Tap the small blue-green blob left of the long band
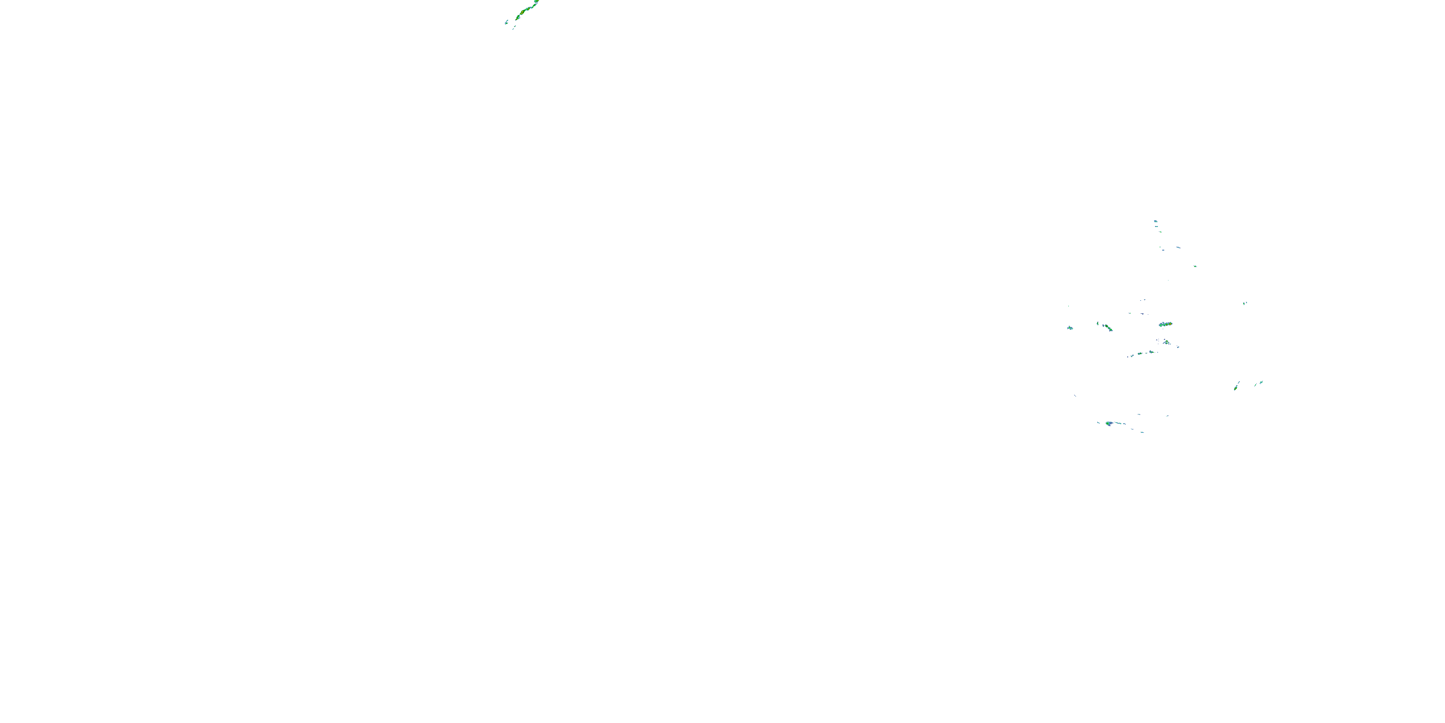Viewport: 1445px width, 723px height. [507, 22]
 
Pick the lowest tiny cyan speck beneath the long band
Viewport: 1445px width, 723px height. [513, 28]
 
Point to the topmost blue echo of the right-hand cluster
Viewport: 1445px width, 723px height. [1156, 221]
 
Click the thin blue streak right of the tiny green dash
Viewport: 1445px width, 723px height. [1178, 248]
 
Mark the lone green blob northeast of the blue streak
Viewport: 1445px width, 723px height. [1195, 266]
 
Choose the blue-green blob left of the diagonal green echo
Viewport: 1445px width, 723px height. [1070, 328]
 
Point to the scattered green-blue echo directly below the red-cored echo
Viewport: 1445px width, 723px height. [1167, 342]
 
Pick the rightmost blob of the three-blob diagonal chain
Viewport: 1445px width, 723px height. [1151, 352]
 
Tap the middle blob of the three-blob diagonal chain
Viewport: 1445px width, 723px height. [1141, 354]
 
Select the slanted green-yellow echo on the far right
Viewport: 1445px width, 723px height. [1236, 386]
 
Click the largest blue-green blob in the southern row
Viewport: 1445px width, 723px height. [1109, 423]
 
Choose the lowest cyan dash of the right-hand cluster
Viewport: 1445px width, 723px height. [1142, 432]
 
